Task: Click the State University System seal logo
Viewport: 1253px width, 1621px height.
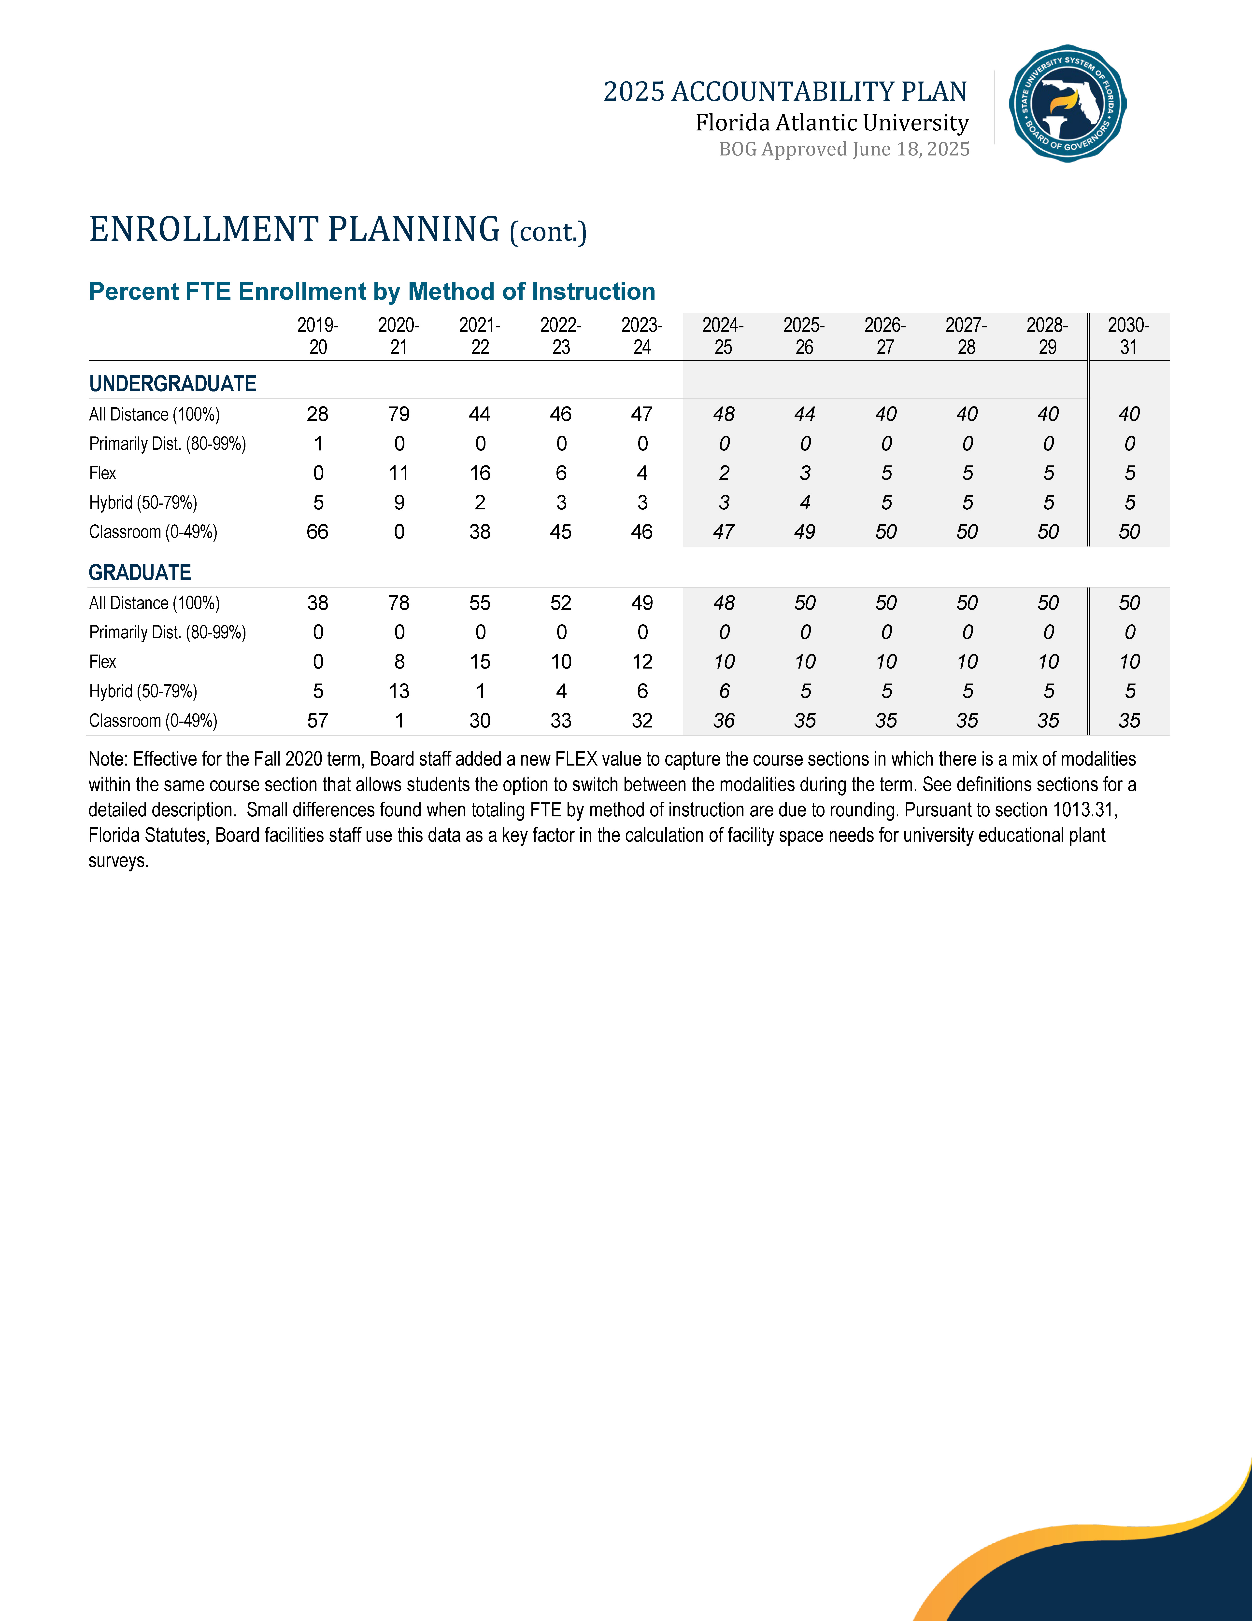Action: click(1067, 103)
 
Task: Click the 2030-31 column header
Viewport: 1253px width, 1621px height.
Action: click(1128, 336)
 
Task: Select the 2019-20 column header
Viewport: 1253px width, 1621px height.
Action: click(318, 336)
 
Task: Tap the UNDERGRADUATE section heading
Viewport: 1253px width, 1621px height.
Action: click(172, 384)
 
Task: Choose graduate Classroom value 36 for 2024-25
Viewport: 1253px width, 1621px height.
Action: click(724, 721)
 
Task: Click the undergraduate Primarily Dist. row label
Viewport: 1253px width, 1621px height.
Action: click(167, 444)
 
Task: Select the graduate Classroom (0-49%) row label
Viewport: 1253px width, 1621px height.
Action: click(153, 721)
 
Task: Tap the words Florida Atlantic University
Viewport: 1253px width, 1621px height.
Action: click(832, 123)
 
